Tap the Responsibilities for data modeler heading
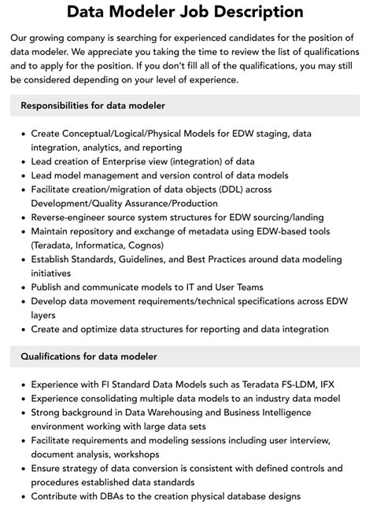(x=93, y=105)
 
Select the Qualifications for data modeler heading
(x=89, y=356)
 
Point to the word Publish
(x=49, y=287)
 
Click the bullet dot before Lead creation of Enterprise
(x=21, y=161)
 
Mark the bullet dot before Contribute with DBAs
(x=21, y=496)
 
